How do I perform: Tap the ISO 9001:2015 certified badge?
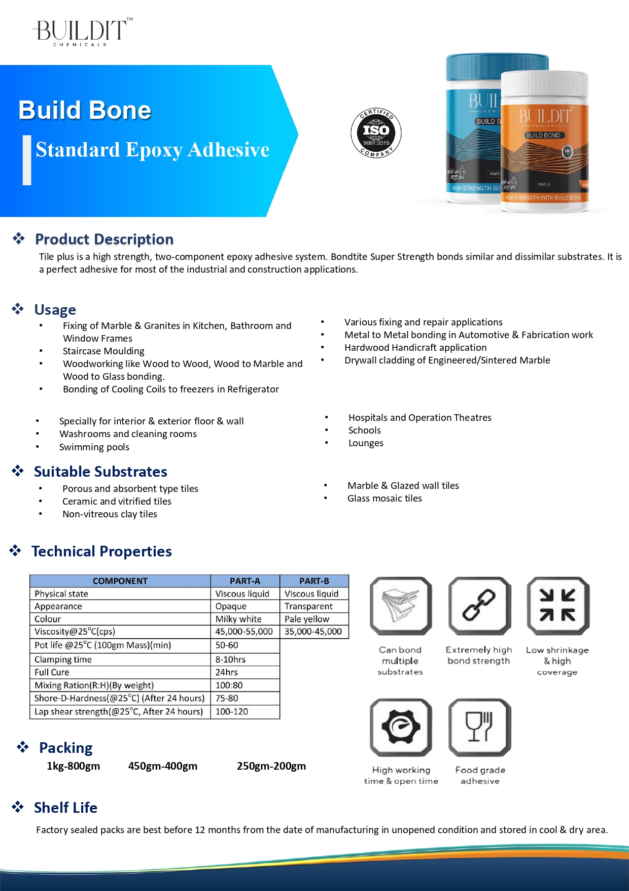pyautogui.click(x=376, y=133)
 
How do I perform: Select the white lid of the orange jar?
pyautogui.click(x=545, y=84)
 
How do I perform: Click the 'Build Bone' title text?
pyautogui.click(x=85, y=110)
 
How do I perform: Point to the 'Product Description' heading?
pyautogui.click(x=104, y=239)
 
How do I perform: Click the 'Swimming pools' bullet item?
pyautogui.click(x=94, y=447)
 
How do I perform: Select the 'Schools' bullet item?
pyautogui.click(x=364, y=431)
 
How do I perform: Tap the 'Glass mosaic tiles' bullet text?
pyautogui.click(x=385, y=499)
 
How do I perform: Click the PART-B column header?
pyautogui.click(x=314, y=581)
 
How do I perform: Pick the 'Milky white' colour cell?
pyautogui.click(x=238, y=619)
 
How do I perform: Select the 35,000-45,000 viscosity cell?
pyautogui.click(x=313, y=632)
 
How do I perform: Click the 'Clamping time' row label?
pyautogui.click(x=63, y=659)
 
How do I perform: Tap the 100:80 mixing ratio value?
pyautogui.click(x=229, y=685)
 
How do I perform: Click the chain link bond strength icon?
pyautogui.click(x=479, y=605)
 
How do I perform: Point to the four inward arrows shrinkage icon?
pyautogui.click(x=557, y=605)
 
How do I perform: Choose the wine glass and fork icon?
pyautogui.click(x=479, y=727)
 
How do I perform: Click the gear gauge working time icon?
pyautogui.click(x=401, y=727)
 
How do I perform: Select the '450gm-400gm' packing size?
pyautogui.click(x=162, y=766)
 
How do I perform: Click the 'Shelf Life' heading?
pyautogui.click(x=65, y=808)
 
